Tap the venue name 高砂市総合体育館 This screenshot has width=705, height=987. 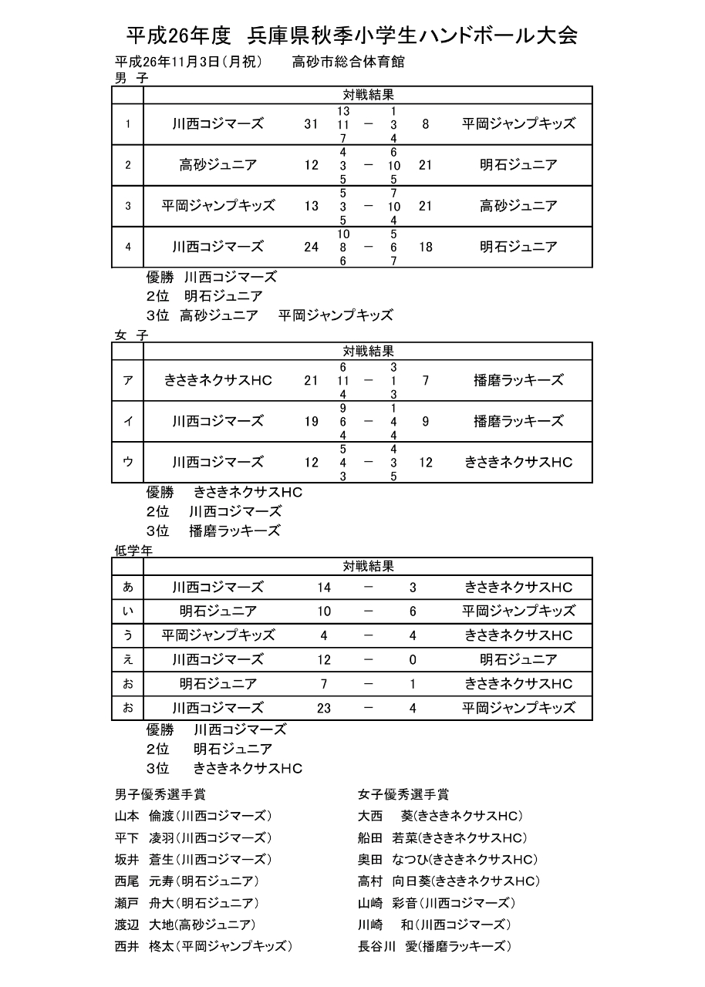349,62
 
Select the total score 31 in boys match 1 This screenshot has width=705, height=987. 311,124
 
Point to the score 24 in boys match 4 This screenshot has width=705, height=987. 311,248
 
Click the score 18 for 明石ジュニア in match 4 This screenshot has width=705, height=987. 425,248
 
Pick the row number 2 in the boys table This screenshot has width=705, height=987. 128,165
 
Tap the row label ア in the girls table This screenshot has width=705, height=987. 128,380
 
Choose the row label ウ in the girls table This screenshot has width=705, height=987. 128,462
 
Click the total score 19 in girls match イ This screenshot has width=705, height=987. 311,421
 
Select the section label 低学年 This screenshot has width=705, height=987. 133,551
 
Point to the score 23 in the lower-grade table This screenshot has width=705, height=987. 324,708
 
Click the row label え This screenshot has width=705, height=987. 128,659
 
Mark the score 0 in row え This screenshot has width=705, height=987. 413,660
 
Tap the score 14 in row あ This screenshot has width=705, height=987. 324,588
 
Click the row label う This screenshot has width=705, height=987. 128,635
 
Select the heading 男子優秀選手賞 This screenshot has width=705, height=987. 160,794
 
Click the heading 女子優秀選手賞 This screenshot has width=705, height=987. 403,794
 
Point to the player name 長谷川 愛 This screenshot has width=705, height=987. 387,946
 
